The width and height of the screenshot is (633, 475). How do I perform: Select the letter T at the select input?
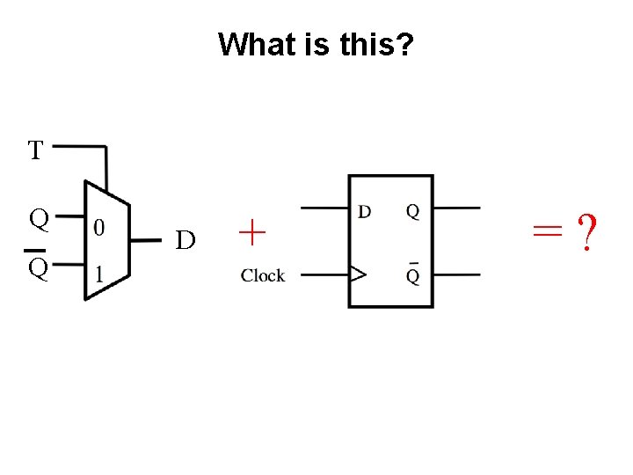(x=35, y=151)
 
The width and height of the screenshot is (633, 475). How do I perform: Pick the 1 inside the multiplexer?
(x=99, y=274)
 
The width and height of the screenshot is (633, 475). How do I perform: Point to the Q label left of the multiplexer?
(x=38, y=217)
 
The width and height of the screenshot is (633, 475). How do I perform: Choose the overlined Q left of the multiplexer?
(x=36, y=267)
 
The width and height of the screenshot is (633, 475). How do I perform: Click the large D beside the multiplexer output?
(x=185, y=240)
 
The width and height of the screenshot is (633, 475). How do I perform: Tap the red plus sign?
(x=252, y=233)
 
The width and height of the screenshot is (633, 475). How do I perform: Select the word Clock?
(x=263, y=275)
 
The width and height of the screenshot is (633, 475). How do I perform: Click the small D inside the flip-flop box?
(x=364, y=211)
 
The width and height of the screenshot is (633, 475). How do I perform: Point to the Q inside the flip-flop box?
(x=412, y=211)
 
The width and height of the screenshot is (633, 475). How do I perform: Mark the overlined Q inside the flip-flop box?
(x=412, y=274)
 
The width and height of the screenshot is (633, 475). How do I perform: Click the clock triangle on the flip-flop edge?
(x=357, y=275)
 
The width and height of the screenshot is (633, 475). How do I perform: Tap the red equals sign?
(x=546, y=231)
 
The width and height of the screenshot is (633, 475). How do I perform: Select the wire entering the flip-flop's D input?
(x=325, y=208)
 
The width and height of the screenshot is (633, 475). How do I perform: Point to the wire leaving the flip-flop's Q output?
(x=457, y=208)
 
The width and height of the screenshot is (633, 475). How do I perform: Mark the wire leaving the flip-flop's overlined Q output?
(x=457, y=275)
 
